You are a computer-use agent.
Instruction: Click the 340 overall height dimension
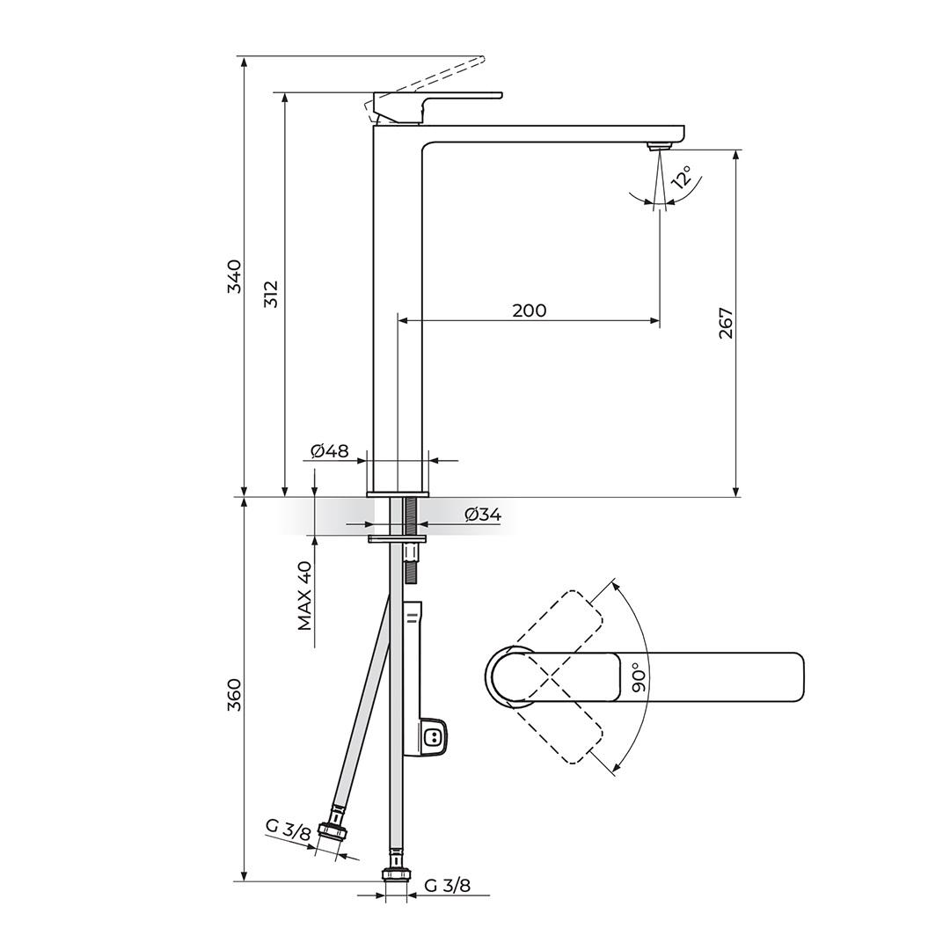pyautogui.click(x=234, y=276)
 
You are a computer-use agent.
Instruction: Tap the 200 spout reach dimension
pyautogui.click(x=529, y=311)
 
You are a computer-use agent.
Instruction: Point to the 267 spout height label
pyautogui.click(x=726, y=324)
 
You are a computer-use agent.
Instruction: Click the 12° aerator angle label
pyautogui.click(x=682, y=179)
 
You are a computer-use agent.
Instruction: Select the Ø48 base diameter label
pyautogui.click(x=330, y=451)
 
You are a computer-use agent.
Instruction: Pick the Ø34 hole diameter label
pyautogui.click(x=482, y=515)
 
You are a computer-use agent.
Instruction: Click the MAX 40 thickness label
pyautogui.click(x=304, y=596)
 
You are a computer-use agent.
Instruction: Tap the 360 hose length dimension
pyautogui.click(x=234, y=695)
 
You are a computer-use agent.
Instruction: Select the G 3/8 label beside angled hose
pyautogui.click(x=288, y=829)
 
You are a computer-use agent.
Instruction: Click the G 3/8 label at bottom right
pyautogui.click(x=447, y=886)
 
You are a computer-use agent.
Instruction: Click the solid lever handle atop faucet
pyautogui.click(x=440, y=98)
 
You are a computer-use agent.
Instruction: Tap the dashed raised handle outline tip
pyautogui.click(x=479, y=60)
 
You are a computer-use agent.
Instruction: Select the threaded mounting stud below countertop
pyautogui.click(x=410, y=538)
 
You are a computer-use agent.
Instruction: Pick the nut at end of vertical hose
pyautogui.click(x=396, y=873)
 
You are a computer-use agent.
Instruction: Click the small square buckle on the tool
pyautogui.click(x=432, y=738)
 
